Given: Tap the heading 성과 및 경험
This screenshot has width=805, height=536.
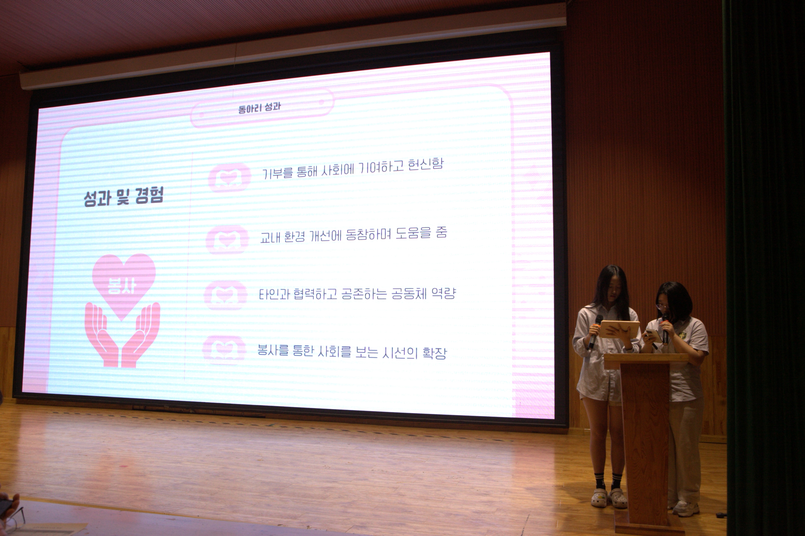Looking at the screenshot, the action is point(124,197).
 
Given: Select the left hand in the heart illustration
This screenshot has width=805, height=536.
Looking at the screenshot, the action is point(102,335).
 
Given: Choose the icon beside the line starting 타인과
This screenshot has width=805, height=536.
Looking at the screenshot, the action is point(226,295).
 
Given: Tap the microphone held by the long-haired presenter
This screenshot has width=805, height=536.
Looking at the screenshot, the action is point(595,332).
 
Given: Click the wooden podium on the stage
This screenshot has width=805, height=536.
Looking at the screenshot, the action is point(646,441).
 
